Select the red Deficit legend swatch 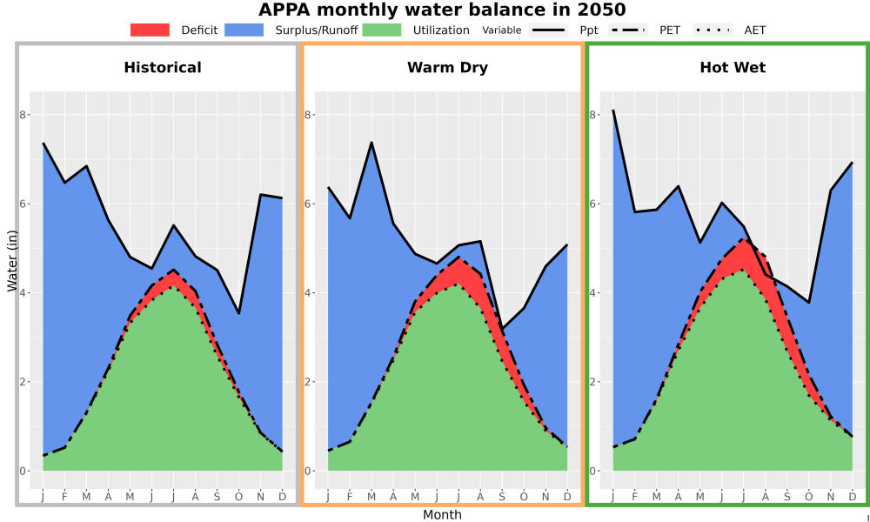(x=150, y=30)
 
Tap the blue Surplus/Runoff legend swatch (x=244, y=30)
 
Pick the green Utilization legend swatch (x=382, y=30)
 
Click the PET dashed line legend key (x=628, y=30)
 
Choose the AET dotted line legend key (x=713, y=30)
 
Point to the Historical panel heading (x=163, y=68)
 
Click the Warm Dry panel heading (x=448, y=68)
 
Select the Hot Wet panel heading (x=733, y=68)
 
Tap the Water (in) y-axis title (x=12, y=259)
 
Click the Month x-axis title (x=442, y=515)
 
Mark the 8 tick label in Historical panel (x=23, y=115)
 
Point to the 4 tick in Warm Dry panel (x=309, y=293)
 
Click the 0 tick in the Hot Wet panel (x=593, y=471)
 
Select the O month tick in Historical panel (x=238, y=497)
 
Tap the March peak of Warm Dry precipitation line (x=371, y=143)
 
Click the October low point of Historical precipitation (x=238, y=313)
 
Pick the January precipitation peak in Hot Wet (x=613, y=110)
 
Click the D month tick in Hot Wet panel (x=853, y=497)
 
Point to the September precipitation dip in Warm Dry (x=502, y=330)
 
